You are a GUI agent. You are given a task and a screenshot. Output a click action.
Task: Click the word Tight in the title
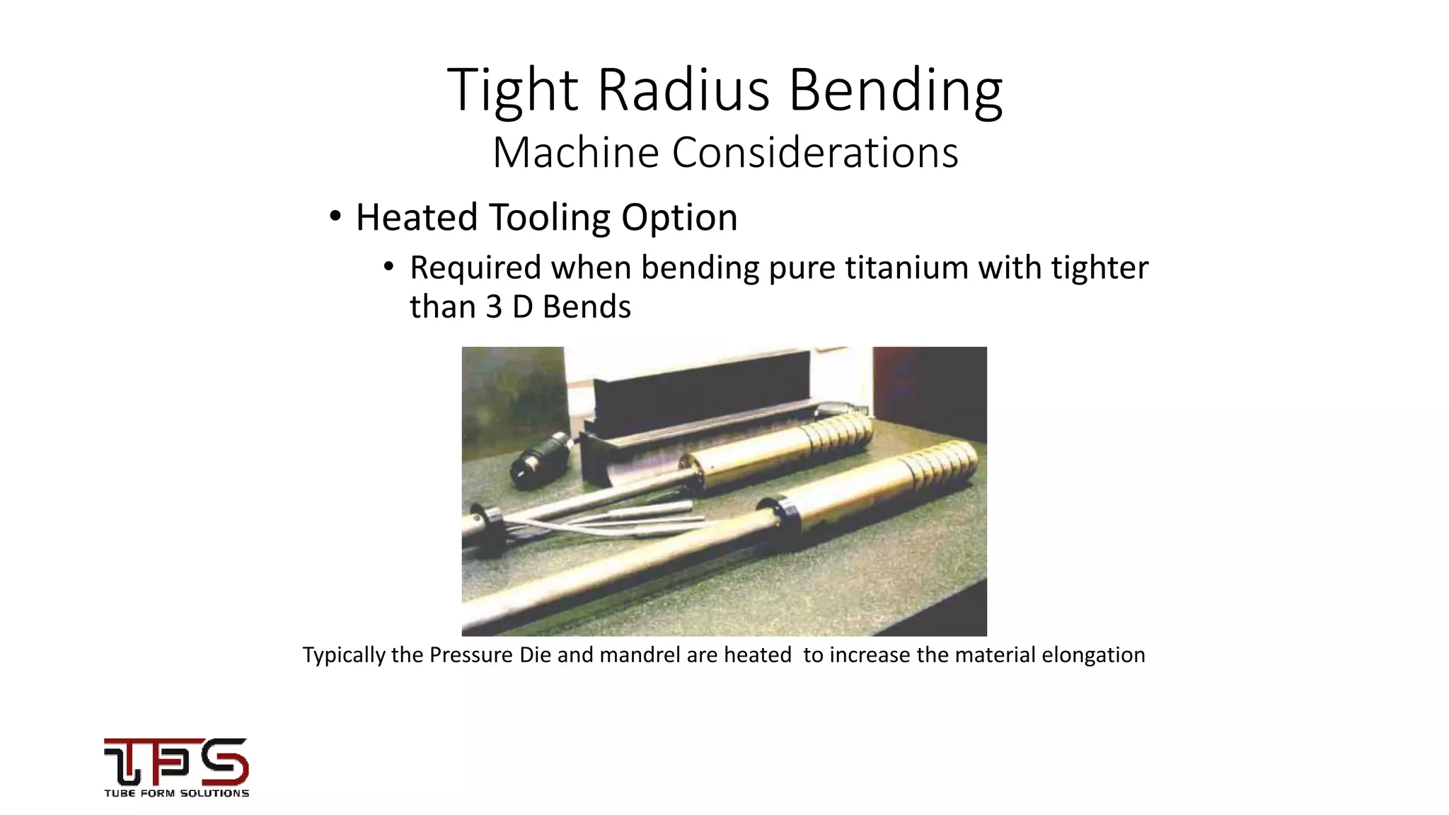[x=513, y=90]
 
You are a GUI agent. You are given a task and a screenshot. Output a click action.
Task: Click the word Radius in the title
[x=683, y=90]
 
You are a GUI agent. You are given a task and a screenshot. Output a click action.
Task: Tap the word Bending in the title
[x=895, y=90]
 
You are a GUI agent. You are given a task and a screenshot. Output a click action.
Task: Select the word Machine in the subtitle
[x=575, y=152]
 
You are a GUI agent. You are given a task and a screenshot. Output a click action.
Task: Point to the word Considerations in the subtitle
[x=815, y=152]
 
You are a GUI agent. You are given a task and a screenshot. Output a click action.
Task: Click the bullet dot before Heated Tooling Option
[x=335, y=216]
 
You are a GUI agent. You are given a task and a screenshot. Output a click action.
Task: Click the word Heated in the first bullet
[x=416, y=216]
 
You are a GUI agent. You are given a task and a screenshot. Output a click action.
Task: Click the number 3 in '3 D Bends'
[x=494, y=307]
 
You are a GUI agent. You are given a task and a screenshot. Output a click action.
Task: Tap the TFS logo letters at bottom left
[x=176, y=761]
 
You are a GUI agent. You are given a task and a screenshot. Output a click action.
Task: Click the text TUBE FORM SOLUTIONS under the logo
[x=176, y=793]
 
